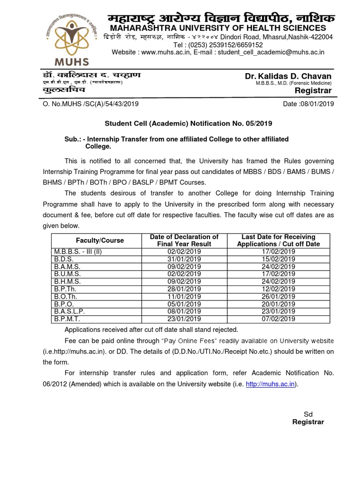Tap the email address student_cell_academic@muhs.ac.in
(x=270, y=52)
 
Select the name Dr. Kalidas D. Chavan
(x=288, y=76)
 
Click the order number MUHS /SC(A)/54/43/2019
(x=101, y=104)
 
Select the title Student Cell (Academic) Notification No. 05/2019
(x=187, y=123)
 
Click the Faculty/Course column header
(x=100, y=240)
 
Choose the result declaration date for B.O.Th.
(x=184, y=296)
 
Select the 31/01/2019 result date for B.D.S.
(x=184, y=259)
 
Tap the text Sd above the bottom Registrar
(x=308, y=414)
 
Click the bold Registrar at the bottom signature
(x=308, y=422)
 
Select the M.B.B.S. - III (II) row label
(x=78, y=251)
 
